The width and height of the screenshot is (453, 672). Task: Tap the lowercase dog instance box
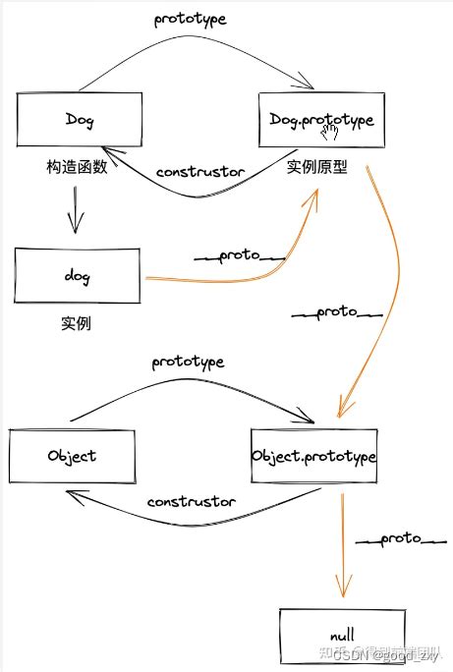click(78, 277)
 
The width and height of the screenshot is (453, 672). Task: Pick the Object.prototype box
click(313, 457)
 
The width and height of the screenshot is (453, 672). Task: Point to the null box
click(341, 635)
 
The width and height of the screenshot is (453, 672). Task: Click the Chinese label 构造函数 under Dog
click(75, 168)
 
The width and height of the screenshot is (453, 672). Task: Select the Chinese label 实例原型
click(316, 168)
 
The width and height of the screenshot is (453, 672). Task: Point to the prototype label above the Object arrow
click(188, 362)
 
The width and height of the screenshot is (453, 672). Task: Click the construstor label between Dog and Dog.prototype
click(200, 172)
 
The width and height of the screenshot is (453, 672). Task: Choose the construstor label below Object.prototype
click(191, 502)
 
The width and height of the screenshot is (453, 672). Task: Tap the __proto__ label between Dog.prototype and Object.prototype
click(337, 314)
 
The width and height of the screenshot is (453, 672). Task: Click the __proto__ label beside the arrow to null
click(401, 539)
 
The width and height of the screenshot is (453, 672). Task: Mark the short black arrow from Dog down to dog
click(75, 211)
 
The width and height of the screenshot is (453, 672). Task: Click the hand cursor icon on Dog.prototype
click(332, 131)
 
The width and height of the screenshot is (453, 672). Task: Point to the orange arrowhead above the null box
click(342, 588)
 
